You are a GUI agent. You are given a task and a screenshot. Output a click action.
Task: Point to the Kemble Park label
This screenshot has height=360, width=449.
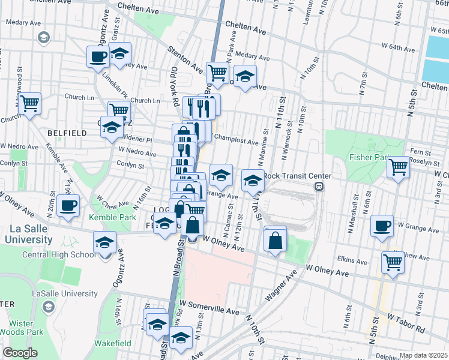pyautogui.click(x=110, y=217)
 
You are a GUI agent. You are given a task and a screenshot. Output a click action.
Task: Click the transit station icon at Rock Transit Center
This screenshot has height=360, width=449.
pyautogui.click(x=319, y=186)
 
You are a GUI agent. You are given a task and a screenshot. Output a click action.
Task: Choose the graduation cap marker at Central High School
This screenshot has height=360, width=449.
pyautogui.click(x=105, y=244)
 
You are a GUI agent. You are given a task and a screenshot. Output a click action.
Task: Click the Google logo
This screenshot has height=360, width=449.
pyautogui.click(x=20, y=353)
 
